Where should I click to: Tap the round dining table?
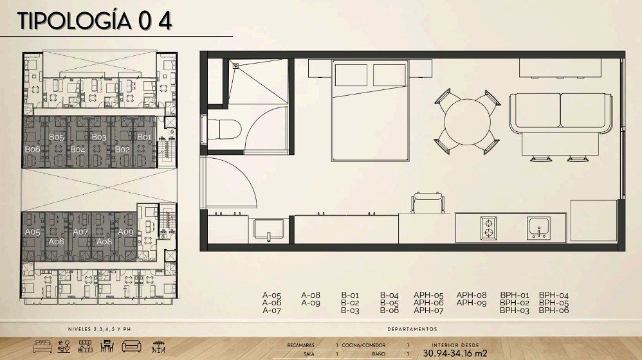click(467, 122)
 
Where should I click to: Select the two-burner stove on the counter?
click(488, 228)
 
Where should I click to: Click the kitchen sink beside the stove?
click(538, 228)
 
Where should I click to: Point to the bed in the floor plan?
click(371, 111)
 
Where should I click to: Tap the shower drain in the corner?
click(235, 65)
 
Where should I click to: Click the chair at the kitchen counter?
click(428, 203)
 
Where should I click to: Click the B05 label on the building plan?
click(57, 137)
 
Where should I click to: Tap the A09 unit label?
click(125, 231)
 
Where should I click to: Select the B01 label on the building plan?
click(144, 137)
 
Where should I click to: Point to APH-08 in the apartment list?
click(472, 295)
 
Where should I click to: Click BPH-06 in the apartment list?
click(554, 310)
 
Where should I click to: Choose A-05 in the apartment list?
click(272, 295)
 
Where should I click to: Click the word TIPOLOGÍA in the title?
click(75, 21)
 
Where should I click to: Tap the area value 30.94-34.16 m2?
click(455, 354)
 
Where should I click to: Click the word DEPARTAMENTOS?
click(412, 329)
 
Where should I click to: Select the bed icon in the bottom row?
click(42, 346)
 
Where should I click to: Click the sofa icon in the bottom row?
click(131, 346)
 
